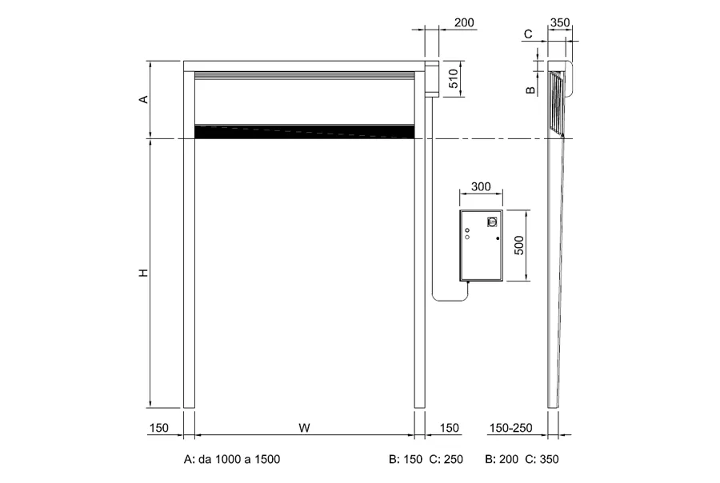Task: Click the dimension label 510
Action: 453,78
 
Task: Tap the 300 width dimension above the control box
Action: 481,186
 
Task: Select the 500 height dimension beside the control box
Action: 519,245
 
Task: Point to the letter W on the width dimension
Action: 304,428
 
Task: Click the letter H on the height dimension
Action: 144,273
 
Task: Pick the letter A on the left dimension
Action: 144,99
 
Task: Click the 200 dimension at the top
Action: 464,22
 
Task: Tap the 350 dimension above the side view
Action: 560,22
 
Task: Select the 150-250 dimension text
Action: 510,428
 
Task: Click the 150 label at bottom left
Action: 159,428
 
